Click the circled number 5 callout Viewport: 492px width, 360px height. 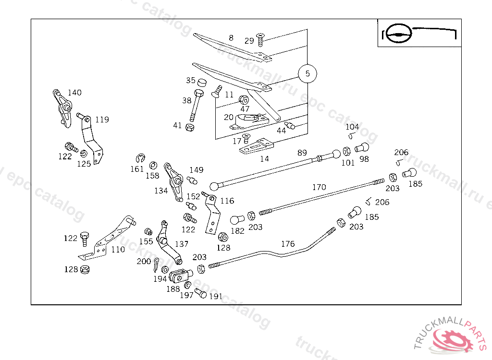click(x=307, y=73)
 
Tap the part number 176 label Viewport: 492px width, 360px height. click(x=288, y=244)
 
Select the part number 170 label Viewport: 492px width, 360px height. click(x=319, y=187)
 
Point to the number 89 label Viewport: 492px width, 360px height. click(x=302, y=153)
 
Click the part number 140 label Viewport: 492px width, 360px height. click(x=74, y=93)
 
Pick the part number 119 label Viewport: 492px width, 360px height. click(x=102, y=120)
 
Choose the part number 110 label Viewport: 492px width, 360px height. click(x=118, y=249)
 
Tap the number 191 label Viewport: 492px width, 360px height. click(x=216, y=296)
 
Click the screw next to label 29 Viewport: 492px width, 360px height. click(x=261, y=37)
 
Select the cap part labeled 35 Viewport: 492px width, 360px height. click(x=201, y=82)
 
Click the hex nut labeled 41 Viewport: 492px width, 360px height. click(x=189, y=127)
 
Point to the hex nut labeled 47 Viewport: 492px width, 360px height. click(x=244, y=99)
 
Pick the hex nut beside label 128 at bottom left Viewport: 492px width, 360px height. click(x=85, y=269)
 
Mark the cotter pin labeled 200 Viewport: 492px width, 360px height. click(x=157, y=264)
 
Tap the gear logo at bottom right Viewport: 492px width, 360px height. click(x=454, y=339)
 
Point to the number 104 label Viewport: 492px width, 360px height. click(x=352, y=127)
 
